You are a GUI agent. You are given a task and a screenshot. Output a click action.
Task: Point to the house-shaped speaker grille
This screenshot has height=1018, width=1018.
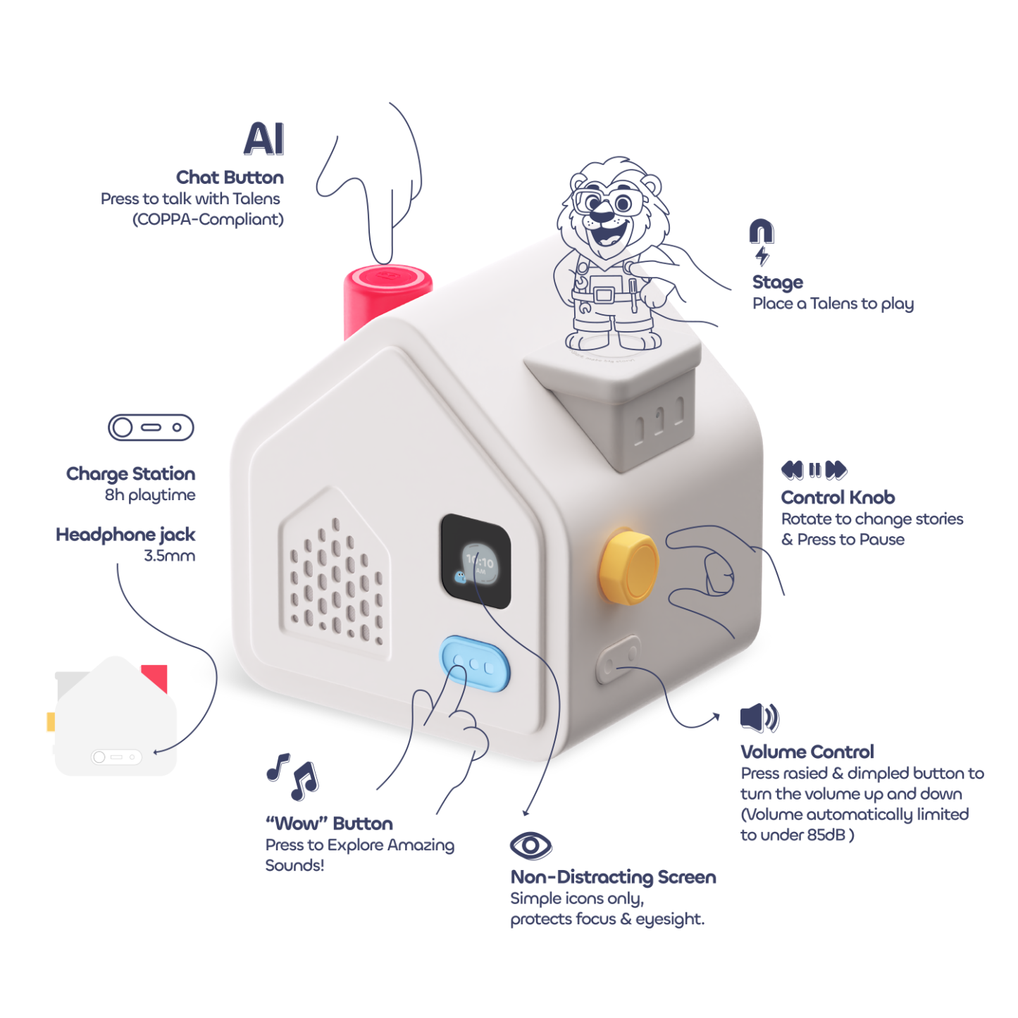point(335,578)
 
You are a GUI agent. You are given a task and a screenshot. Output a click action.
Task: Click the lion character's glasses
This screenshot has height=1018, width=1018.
point(607,201)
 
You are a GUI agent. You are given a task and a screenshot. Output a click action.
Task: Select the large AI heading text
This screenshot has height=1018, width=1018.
point(264,139)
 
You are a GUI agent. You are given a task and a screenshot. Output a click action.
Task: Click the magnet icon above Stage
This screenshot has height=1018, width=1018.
point(761,232)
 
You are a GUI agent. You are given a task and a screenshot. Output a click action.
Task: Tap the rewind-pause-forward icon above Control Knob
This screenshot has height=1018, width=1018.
point(814,470)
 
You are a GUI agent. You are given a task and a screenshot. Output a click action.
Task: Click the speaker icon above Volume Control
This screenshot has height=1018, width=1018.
point(759,717)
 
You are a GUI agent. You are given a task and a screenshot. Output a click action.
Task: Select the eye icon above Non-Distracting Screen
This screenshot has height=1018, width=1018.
point(530,845)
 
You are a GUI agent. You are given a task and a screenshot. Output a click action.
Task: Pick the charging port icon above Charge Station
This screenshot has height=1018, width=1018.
point(151,428)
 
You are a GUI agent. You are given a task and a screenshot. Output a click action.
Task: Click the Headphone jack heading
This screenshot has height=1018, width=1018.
point(125,535)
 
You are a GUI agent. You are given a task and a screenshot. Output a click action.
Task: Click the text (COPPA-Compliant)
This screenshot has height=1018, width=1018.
point(208,220)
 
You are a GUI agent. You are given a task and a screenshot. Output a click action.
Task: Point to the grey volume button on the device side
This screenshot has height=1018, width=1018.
point(618,659)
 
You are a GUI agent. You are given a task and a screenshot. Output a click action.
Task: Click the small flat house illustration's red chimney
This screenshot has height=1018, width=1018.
point(155,676)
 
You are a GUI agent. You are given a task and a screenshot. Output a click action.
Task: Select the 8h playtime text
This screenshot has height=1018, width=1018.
point(150,495)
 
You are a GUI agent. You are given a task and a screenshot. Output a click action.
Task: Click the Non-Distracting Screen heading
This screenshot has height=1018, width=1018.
point(613,877)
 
